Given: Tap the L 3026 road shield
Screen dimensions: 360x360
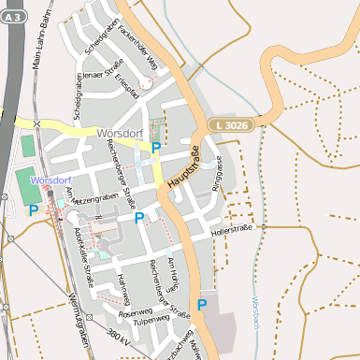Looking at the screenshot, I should coord(229,124).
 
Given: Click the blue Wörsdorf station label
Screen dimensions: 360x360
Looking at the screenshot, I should coord(50,178).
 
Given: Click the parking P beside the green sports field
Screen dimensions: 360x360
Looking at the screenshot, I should coord(34,210).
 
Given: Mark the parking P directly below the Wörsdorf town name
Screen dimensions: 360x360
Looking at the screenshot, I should coord(156,148).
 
